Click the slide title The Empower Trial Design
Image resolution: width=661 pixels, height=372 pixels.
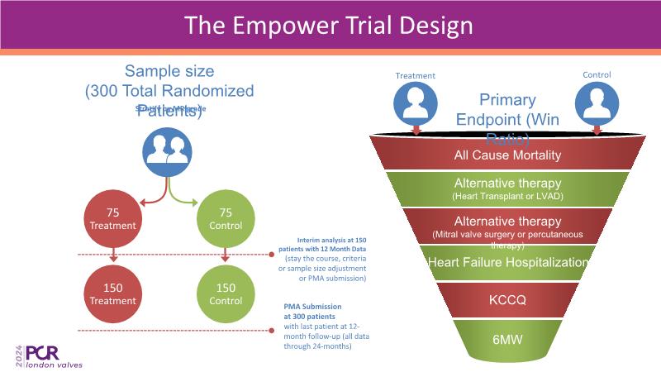point(329,25)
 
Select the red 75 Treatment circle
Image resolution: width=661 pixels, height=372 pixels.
point(113,218)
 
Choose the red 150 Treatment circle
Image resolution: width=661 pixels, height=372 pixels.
point(113,294)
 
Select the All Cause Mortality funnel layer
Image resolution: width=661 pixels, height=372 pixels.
point(507,155)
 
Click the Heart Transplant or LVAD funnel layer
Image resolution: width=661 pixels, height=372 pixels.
point(507,188)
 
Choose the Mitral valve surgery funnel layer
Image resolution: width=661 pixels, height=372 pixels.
point(507,227)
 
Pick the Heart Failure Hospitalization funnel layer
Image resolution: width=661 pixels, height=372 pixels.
point(507,263)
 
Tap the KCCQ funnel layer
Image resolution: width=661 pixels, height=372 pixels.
point(507,299)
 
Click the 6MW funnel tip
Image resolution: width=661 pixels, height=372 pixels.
point(507,337)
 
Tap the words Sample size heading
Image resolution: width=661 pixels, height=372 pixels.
point(169,72)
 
